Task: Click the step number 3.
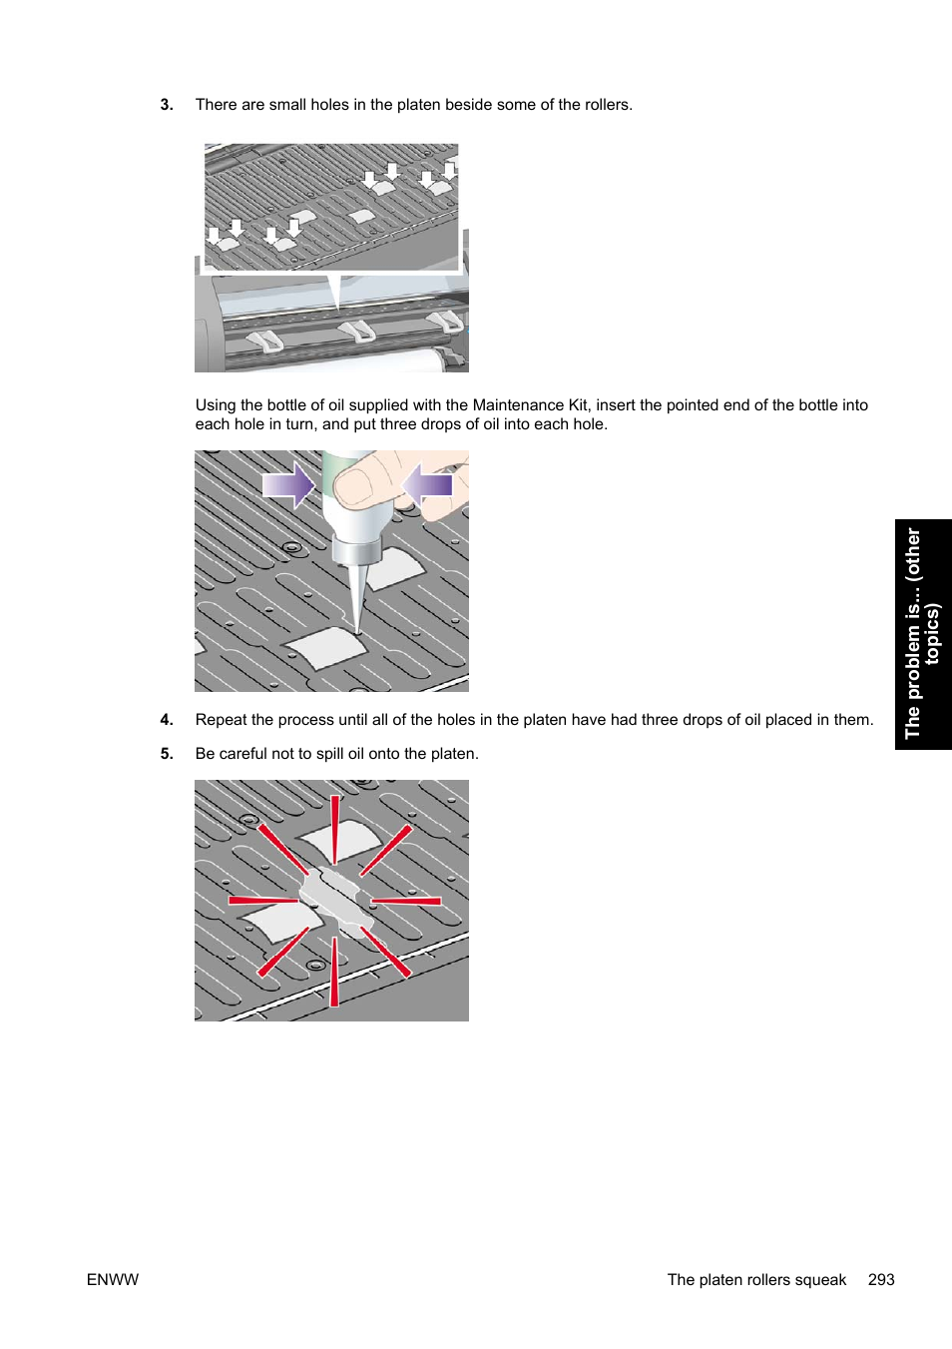click(x=166, y=105)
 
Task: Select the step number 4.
click(x=166, y=720)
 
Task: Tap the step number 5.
click(x=166, y=754)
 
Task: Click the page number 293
click(x=881, y=1280)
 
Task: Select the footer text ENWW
click(x=113, y=1280)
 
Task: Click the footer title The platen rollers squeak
click(x=756, y=1280)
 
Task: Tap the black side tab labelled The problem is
click(x=922, y=634)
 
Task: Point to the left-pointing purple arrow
click(x=428, y=485)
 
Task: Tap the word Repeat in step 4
click(x=221, y=720)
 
